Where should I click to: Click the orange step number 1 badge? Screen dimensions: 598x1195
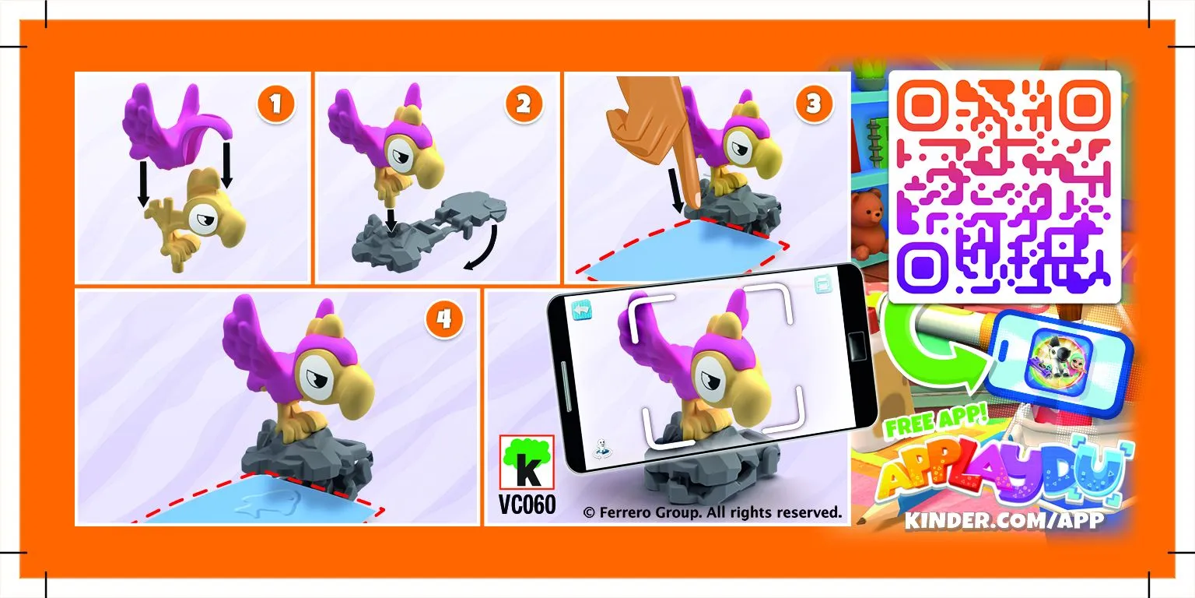coord(278,104)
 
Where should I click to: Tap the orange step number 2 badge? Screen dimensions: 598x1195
coord(524,104)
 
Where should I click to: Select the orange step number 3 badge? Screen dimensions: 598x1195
coord(813,104)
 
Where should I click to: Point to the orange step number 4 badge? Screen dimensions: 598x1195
coord(443,321)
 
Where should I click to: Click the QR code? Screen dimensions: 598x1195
coord(1004,187)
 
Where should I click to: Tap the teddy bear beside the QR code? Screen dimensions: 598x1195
coord(867,222)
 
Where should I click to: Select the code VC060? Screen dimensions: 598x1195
coord(527,505)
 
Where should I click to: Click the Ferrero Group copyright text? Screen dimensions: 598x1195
coord(712,512)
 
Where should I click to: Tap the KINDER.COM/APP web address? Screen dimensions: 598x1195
coord(1004,520)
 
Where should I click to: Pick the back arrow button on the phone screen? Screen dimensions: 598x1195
coord(582,310)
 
